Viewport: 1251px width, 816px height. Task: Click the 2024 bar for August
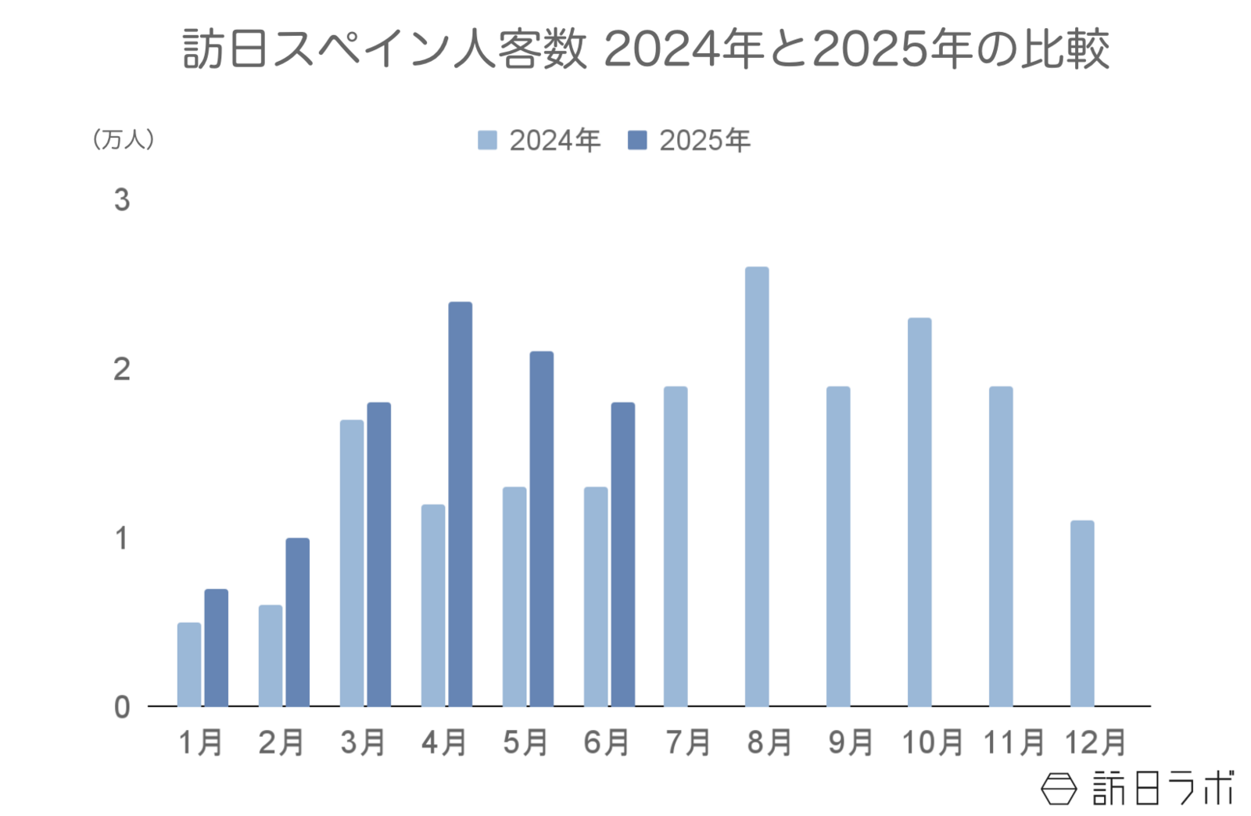(756, 487)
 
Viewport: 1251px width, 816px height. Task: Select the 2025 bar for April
(460, 504)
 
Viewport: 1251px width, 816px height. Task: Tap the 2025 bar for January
(216, 648)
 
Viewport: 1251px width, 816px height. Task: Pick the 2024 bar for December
(1081, 613)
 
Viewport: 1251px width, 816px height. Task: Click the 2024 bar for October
(919, 512)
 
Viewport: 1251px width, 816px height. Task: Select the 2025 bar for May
(541, 529)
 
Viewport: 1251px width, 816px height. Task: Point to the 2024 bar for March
(351, 563)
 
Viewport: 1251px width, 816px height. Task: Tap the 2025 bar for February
(297, 622)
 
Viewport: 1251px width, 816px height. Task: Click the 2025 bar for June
(622, 555)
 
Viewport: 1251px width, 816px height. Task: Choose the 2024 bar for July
(676, 546)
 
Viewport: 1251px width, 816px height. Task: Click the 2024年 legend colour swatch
(487, 141)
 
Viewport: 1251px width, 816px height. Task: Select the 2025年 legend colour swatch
(637, 141)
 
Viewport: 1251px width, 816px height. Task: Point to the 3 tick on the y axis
(122, 200)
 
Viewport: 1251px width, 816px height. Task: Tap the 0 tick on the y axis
(122, 707)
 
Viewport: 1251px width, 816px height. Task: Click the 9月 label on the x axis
(850, 742)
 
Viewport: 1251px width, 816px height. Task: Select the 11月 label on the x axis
(1013, 742)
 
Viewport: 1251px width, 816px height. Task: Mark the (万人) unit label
(124, 140)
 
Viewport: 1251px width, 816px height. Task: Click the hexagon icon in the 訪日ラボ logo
(1059, 789)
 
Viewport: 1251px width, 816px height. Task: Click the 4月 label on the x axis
(444, 742)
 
